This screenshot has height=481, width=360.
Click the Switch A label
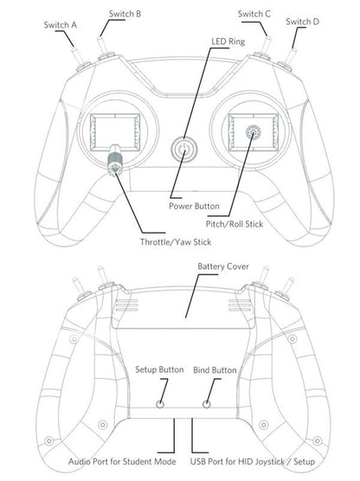point(61,25)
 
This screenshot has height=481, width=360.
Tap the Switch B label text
point(125,14)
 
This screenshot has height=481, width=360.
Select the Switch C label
point(254,14)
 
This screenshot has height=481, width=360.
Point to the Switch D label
point(302,22)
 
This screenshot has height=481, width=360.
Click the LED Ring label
point(228,42)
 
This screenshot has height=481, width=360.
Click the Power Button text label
point(194,206)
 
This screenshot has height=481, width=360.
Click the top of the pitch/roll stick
point(254,132)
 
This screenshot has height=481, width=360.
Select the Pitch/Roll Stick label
point(235,224)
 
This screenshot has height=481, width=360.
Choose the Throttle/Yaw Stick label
point(176,242)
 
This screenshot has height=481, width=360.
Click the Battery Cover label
point(223,266)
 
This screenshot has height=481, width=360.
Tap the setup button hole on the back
point(160,404)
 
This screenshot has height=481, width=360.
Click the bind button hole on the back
point(207,404)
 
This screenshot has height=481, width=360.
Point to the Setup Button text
point(159,369)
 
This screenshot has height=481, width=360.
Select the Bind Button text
point(215,370)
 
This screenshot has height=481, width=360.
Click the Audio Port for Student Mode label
point(122,462)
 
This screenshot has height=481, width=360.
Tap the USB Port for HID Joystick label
point(253,462)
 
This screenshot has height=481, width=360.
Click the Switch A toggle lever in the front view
point(78,56)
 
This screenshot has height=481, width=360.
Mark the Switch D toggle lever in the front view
point(290,56)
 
